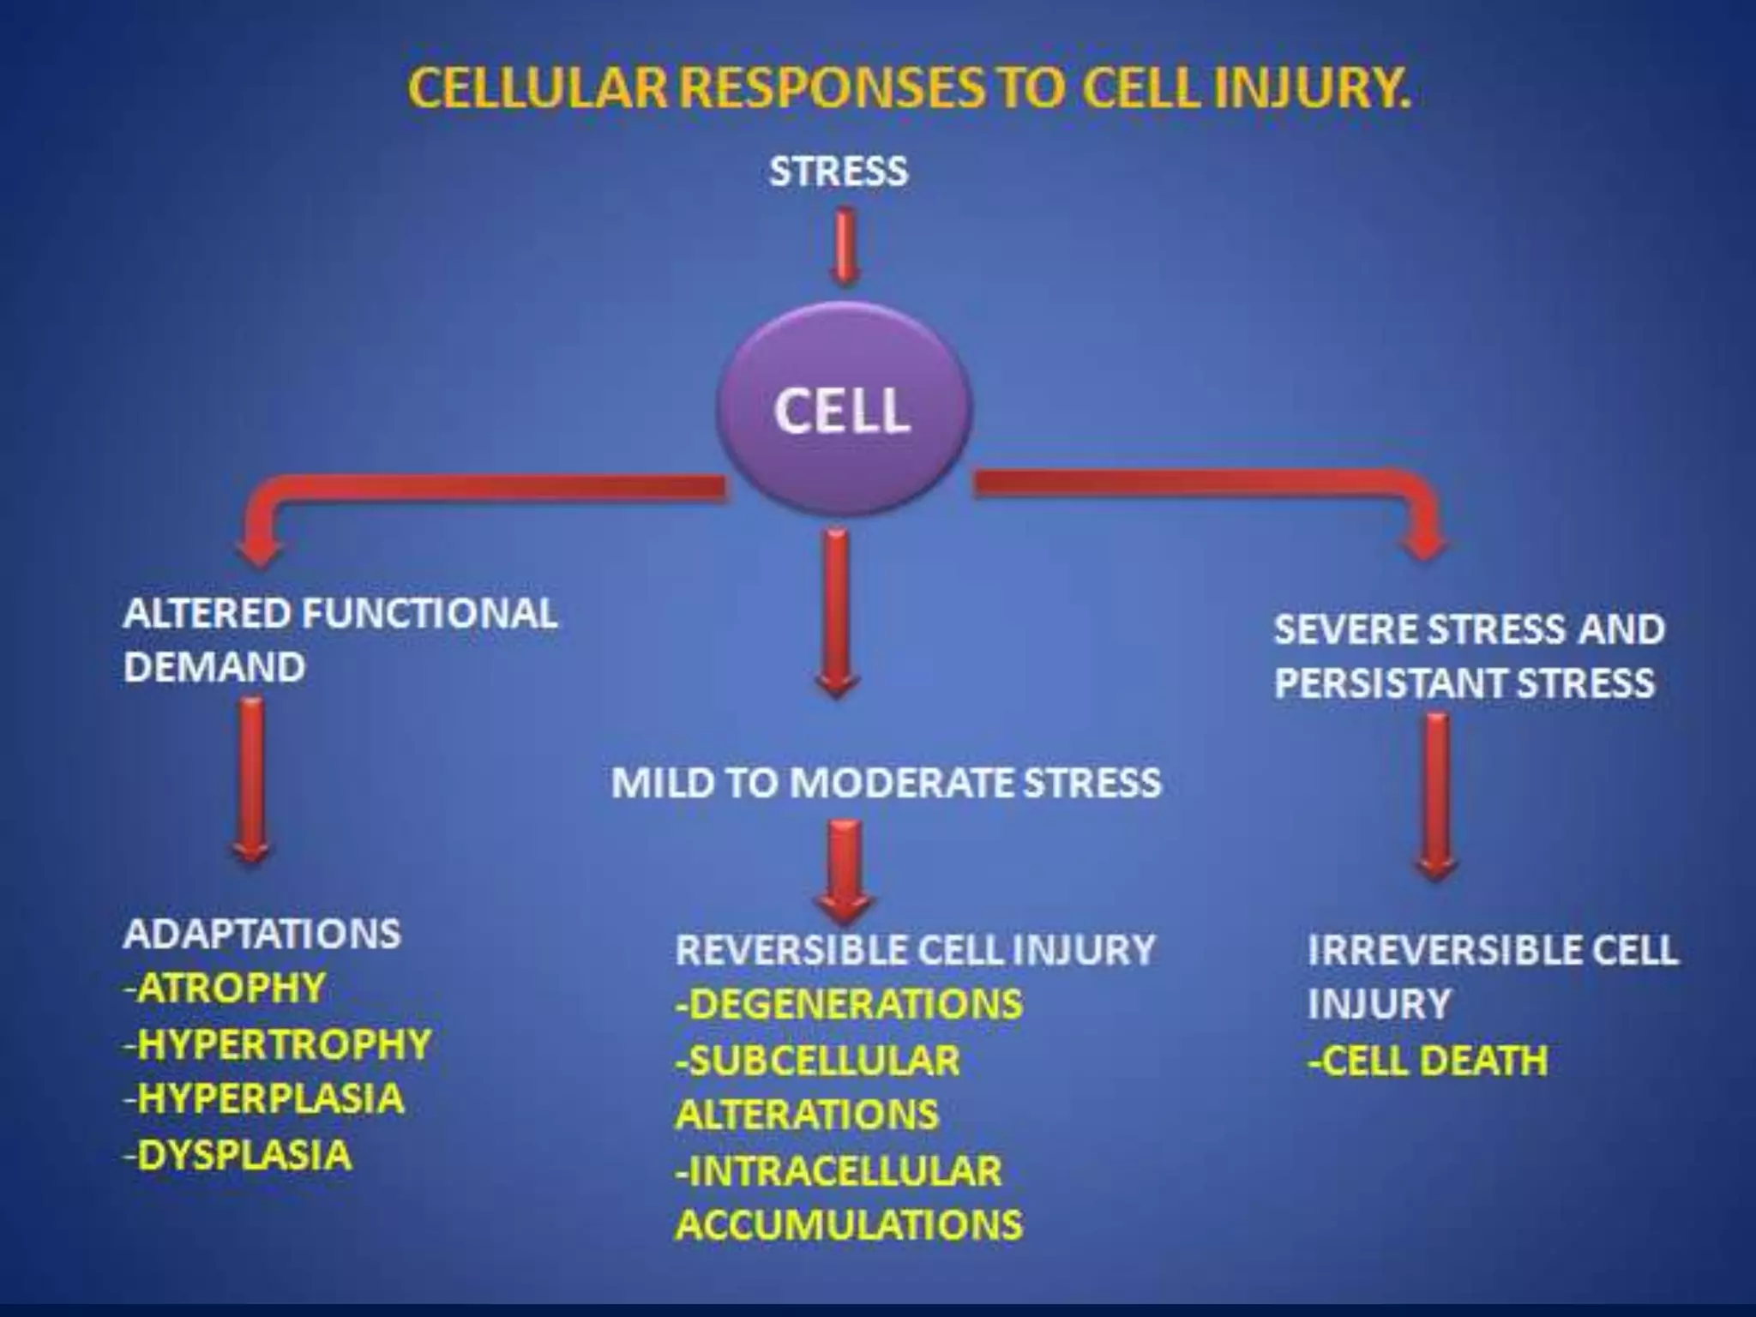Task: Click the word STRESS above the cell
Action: [838, 171]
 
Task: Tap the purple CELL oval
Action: [843, 411]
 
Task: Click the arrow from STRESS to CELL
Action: [845, 246]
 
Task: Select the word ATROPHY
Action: [231, 988]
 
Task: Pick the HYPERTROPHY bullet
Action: [283, 1044]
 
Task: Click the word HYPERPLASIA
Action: [270, 1099]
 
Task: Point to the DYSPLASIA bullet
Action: [244, 1155]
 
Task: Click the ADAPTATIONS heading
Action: [262, 934]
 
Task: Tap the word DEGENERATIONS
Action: [855, 1004]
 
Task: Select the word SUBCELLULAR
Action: [824, 1061]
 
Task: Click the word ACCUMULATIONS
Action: [849, 1224]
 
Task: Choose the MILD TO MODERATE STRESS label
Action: [886, 783]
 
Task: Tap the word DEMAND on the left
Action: [214, 667]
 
